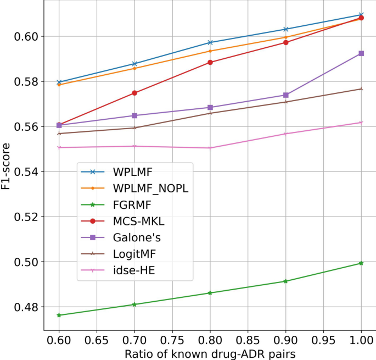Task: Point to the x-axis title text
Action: point(210,352)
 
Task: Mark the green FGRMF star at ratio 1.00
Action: point(361,263)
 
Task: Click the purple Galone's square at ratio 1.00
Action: point(361,53)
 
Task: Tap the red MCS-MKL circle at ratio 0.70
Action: point(120,93)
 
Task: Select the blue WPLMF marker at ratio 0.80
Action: point(210,42)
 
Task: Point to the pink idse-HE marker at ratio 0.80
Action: point(210,148)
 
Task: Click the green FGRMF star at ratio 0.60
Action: point(59,315)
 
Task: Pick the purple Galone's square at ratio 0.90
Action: point(301,95)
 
